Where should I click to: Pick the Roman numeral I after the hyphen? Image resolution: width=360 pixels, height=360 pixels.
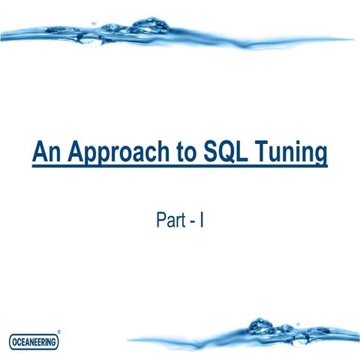click(x=201, y=220)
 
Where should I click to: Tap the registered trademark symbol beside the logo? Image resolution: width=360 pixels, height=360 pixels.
click(x=59, y=331)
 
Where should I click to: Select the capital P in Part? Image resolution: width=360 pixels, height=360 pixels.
click(x=160, y=220)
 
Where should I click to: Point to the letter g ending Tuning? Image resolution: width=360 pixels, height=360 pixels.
click(x=320, y=157)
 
